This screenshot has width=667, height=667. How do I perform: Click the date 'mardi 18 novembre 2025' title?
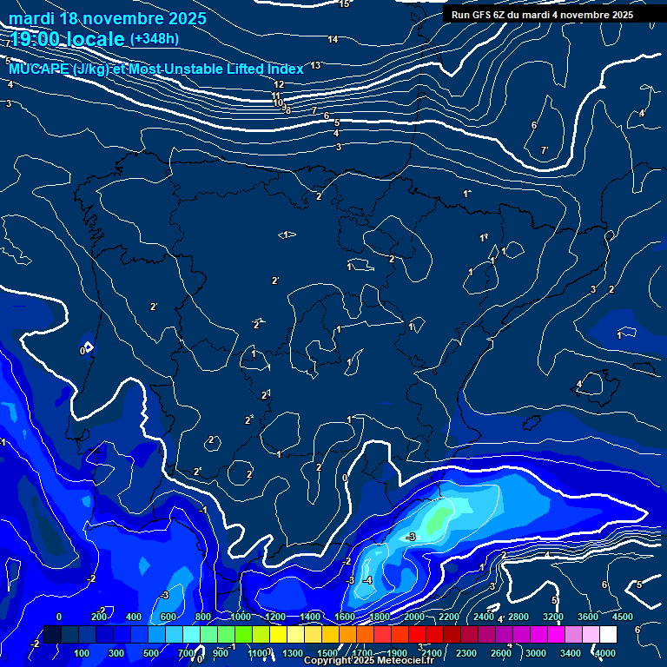[108, 18]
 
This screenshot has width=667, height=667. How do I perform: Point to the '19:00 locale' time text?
[66, 39]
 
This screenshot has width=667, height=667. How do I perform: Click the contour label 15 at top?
[344, 4]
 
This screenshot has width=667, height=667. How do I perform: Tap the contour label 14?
[333, 39]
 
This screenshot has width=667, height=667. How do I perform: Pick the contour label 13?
[315, 65]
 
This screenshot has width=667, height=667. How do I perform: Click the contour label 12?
[279, 84]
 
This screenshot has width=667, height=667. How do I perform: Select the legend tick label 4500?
[622, 617]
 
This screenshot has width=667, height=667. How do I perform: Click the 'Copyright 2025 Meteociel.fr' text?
[368, 661]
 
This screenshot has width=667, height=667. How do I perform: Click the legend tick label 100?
[83, 652]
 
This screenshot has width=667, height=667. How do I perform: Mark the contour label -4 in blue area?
[367, 579]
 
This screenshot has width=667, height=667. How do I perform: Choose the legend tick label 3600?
[587, 617]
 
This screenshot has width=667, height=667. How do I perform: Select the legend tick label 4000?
[605, 652]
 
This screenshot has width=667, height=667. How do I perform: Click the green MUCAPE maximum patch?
[439, 518]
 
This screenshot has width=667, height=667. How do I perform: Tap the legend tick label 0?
[59, 617]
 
